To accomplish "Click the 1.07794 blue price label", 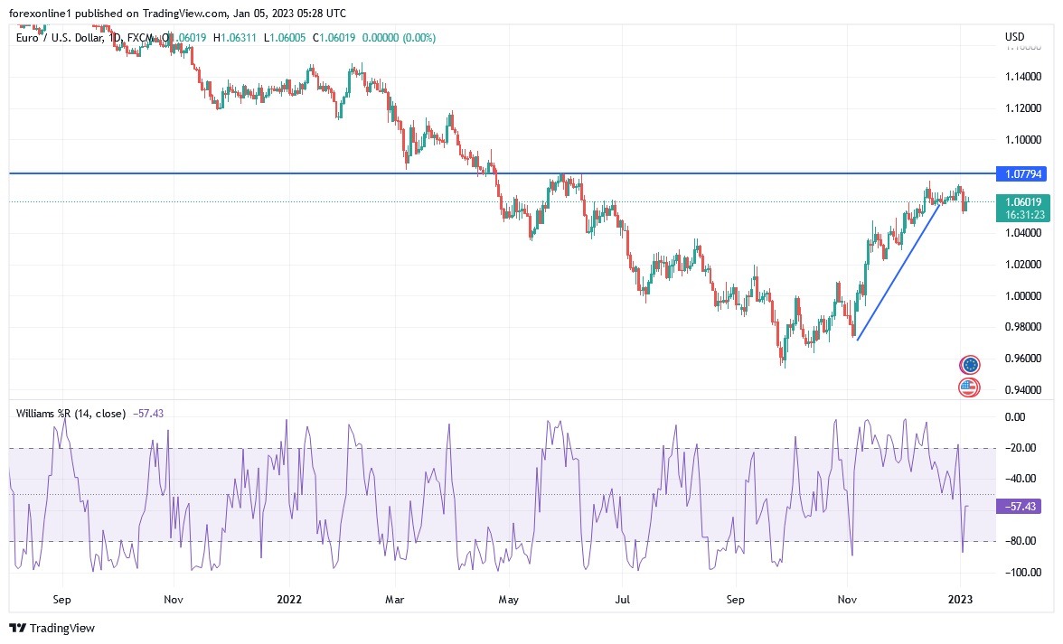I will tap(1020, 173).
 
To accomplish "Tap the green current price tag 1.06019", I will tap(1020, 202).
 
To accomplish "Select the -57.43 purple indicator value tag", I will tap(1020, 507).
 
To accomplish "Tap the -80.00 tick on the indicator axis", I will tap(1019, 541).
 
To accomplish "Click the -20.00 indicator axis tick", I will tap(1019, 448).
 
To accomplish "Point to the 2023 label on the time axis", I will tap(961, 599).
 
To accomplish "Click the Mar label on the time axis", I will tap(394, 599).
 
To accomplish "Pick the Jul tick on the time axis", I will tap(623, 599).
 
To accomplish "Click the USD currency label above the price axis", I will tap(1014, 37).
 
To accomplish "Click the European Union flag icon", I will tap(970, 365).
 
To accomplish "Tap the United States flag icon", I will tap(969, 387).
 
